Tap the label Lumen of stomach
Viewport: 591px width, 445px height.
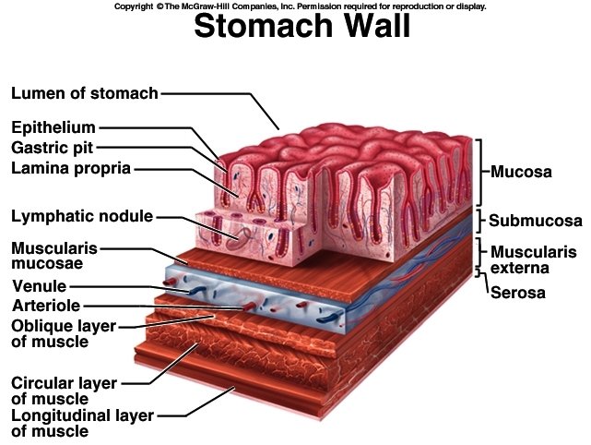[85, 93]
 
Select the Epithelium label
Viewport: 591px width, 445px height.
[53, 126]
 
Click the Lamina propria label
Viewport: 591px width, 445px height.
[71, 168]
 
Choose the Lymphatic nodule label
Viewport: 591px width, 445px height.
[82, 217]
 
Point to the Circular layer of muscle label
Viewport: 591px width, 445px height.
[63, 390]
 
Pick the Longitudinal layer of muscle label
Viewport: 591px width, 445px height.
[82, 423]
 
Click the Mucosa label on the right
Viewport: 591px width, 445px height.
[521, 172]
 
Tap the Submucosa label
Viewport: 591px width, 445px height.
[535, 221]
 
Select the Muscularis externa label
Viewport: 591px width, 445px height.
[533, 259]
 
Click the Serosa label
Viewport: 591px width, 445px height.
[517, 294]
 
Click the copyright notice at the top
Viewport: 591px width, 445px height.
[300, 6]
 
